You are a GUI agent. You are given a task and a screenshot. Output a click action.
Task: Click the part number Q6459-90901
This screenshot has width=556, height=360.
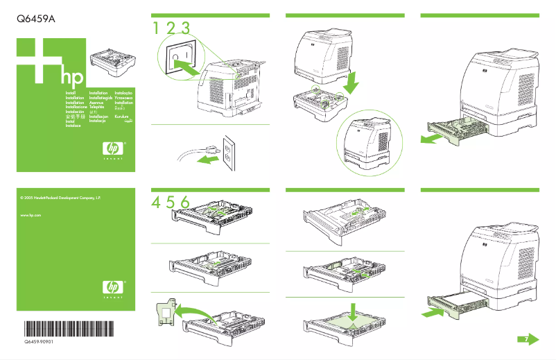39,343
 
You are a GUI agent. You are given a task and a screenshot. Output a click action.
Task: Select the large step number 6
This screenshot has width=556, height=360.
184,201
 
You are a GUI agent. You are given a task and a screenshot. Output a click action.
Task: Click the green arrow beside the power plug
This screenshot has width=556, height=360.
205,160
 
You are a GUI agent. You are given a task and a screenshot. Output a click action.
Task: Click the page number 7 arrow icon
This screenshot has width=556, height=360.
529,338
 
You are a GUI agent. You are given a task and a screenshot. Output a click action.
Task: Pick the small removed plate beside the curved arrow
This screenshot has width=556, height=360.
164,313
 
